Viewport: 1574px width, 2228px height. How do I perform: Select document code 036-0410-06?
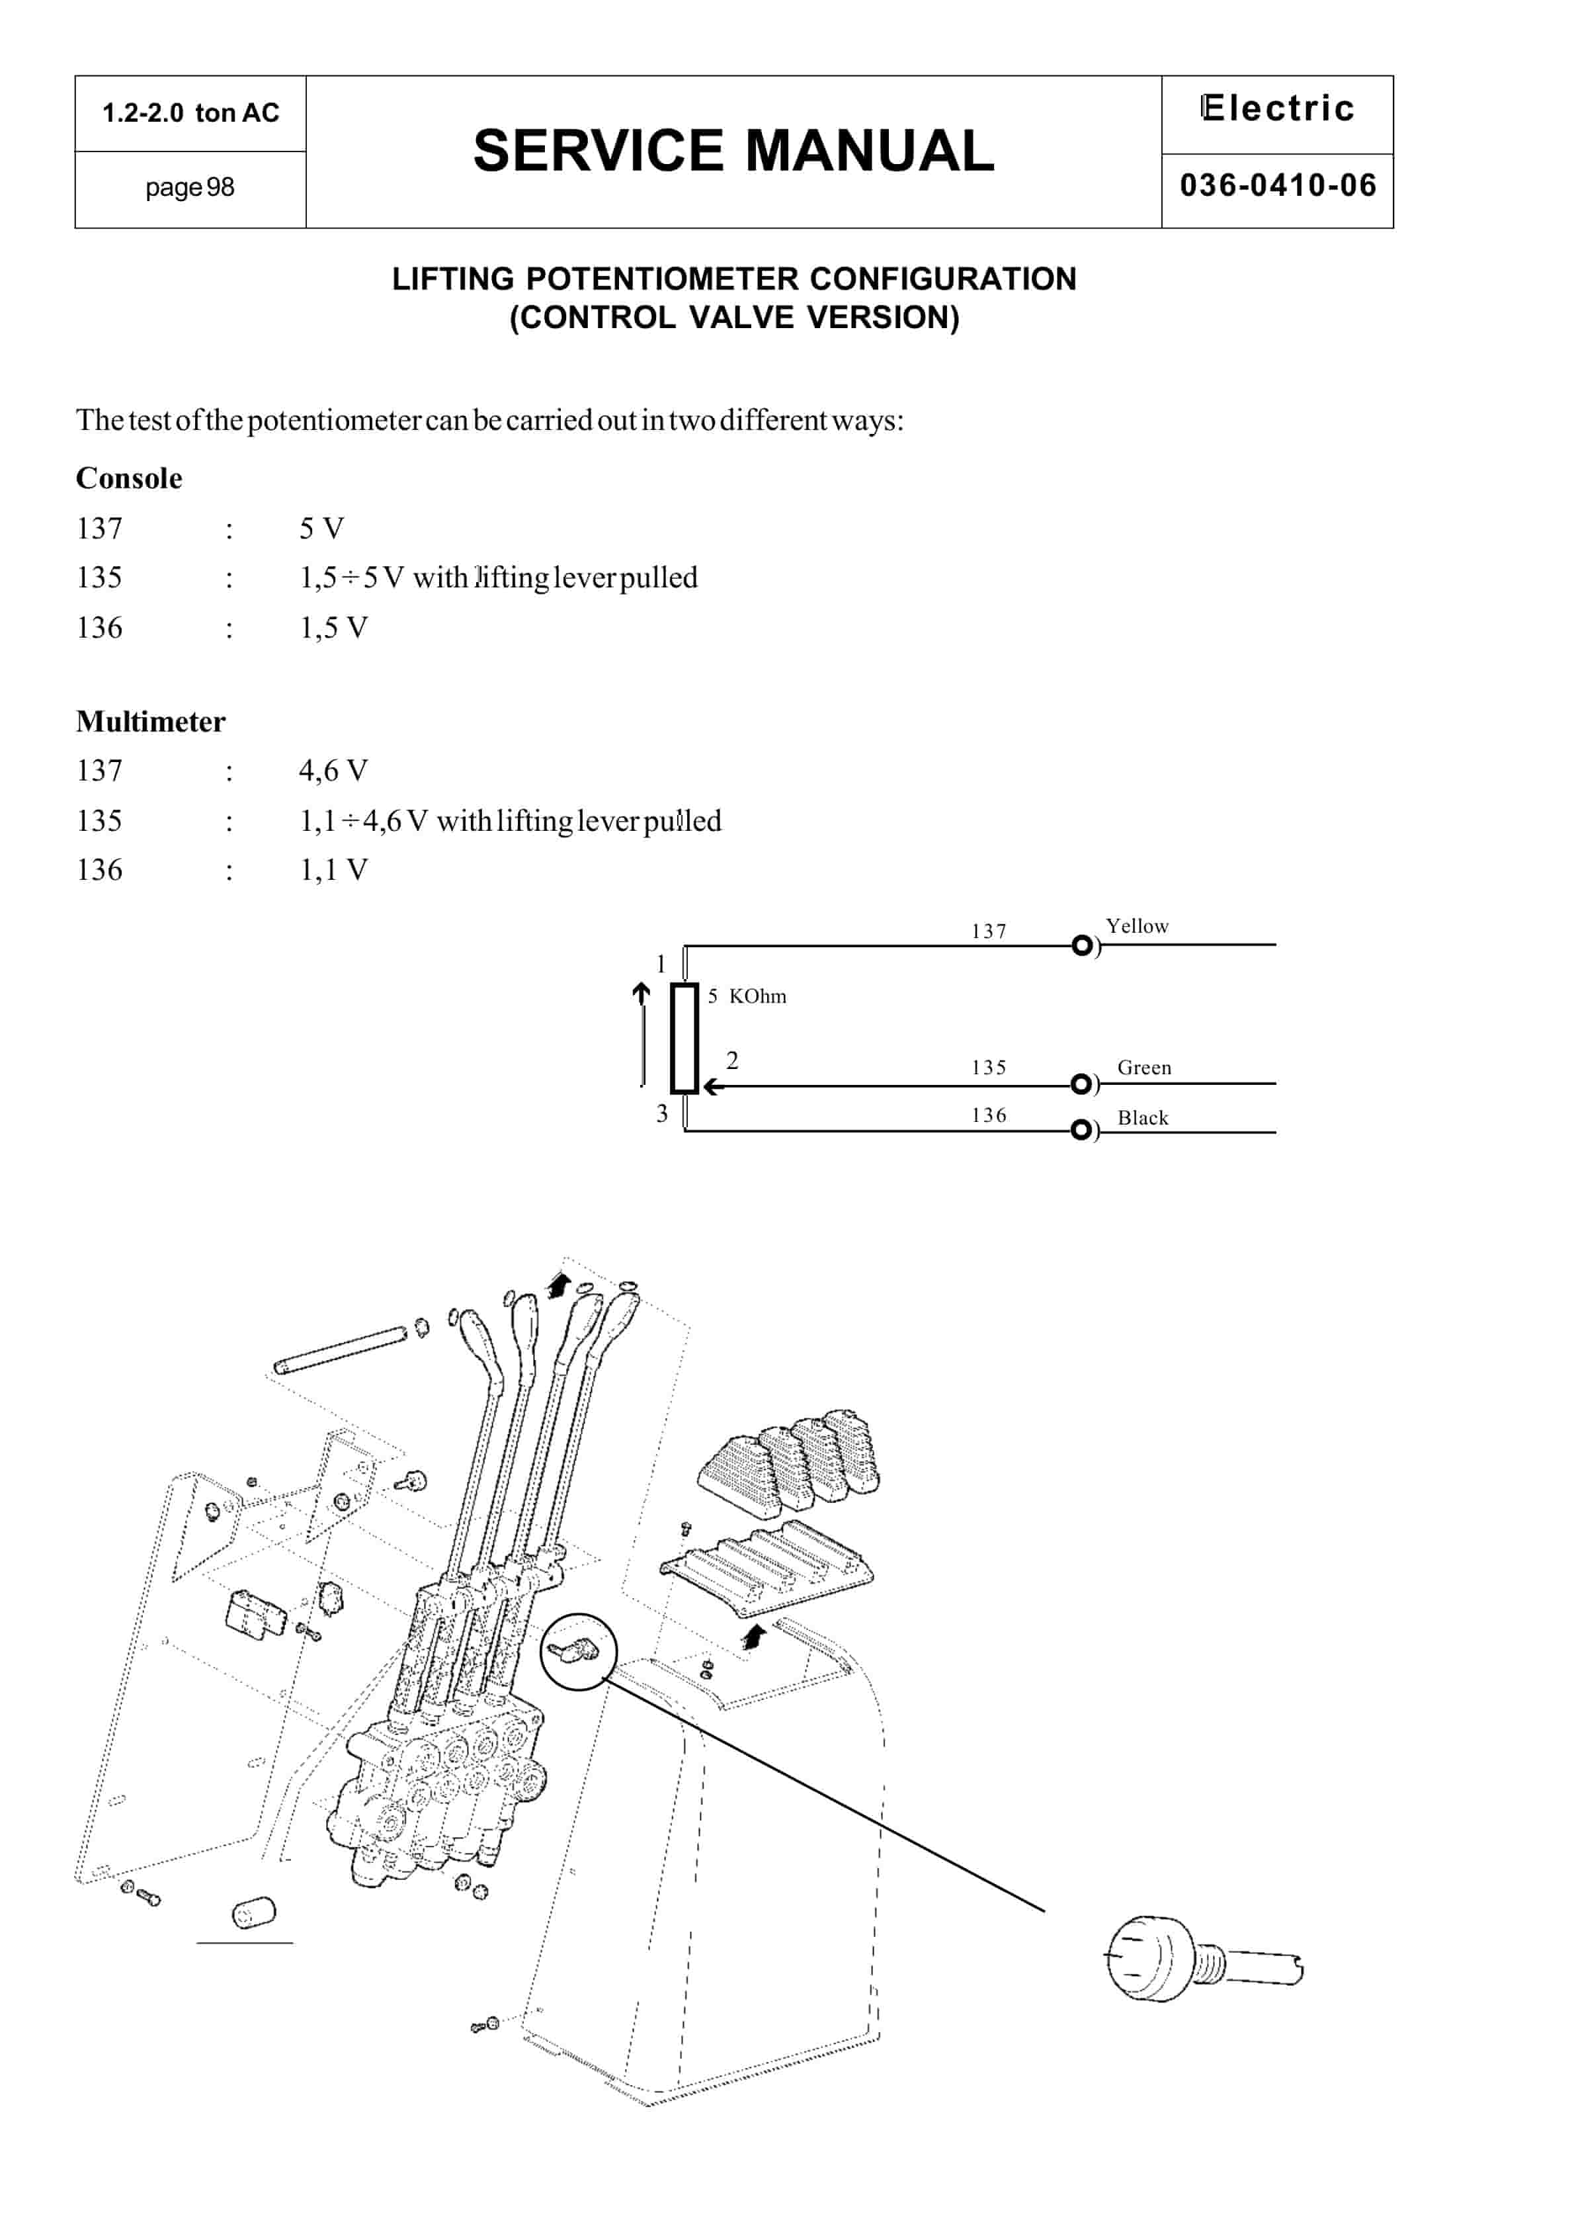pyautogui.click(x=1277, y=185)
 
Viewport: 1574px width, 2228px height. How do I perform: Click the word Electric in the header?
pyautogui.click(x=1277, y=108)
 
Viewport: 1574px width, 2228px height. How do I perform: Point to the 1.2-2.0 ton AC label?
pyautogui.click(x=190, y=112)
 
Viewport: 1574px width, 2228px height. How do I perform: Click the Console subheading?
pyautogui.click(x=129, y=478)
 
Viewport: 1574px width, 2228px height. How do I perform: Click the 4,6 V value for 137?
pyautogui.click(x=333, y=771)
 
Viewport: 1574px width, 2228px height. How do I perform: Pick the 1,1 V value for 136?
pyautogui.click(x=333, y=869)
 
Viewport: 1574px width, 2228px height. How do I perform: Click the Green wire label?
pyautogui.click(x=1143, y=1068)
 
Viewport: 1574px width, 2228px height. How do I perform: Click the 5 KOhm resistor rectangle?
pyautogui.click(x=684, y=1039)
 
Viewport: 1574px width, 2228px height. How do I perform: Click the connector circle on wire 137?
pyautogui.click(x=1081, y=945)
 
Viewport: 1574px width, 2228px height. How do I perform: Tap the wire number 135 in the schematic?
pyautogui.click(x=988, y=1068)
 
